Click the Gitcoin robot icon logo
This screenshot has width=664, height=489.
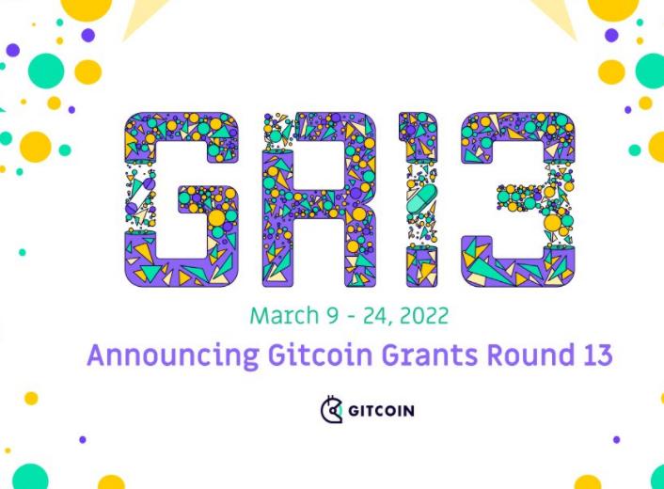(331, 410)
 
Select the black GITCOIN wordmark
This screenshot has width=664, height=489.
(381, 411)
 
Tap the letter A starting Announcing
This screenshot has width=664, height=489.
(97, 355)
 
